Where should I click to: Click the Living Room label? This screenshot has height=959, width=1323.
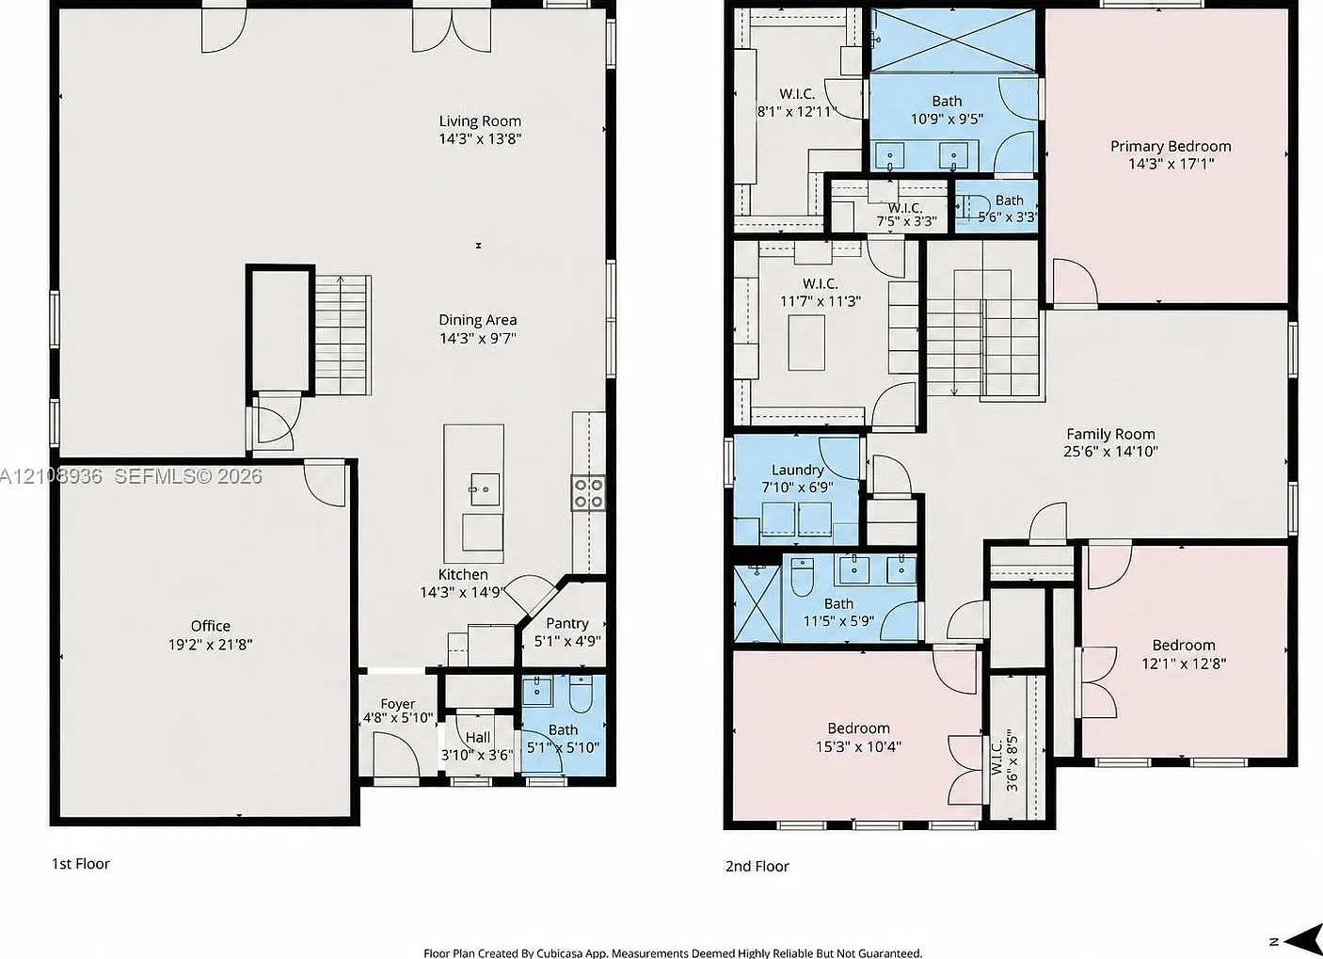click(480, 121)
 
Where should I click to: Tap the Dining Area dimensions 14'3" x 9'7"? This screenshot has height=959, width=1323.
click(478, 338)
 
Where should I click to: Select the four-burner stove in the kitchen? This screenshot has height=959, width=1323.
click(588, 493)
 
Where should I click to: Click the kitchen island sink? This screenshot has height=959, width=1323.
click(485, 489)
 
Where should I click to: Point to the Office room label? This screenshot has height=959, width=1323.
click(210, 626)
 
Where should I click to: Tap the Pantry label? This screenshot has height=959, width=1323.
click(567, 623)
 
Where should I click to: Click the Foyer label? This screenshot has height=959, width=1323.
click(397, 704)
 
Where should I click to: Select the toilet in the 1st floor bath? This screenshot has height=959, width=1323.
click(581, 695)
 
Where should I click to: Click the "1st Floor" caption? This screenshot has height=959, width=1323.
click(81, 864)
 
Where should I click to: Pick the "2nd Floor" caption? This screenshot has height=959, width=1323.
click(757, 866)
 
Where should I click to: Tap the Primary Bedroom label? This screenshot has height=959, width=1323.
click(1171, 146)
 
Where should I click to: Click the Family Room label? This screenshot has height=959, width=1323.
click(1110, 434)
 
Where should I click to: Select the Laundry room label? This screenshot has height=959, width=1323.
click(797, 470)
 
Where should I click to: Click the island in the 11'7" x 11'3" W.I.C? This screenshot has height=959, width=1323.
click(806, 343)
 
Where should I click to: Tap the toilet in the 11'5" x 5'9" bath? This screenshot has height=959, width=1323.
click(802, 576)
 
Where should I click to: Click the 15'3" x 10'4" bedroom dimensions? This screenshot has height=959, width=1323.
click(858, 746)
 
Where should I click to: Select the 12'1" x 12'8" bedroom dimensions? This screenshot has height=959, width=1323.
click(1184, 663)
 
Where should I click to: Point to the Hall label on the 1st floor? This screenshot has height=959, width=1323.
click(478, 738)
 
